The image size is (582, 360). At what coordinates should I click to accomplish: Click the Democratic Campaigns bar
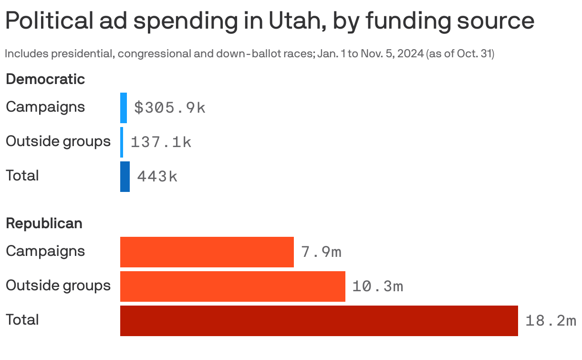coord(124,108)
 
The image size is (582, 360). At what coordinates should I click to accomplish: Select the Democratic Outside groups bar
coord(122,142)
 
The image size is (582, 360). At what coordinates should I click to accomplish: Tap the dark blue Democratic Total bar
coord(125,177)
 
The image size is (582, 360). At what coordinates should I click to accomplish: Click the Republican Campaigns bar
coord(207,252)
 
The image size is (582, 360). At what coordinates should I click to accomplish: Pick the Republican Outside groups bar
coord(232,286)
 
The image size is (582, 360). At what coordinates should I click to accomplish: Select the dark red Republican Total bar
coord(319,321)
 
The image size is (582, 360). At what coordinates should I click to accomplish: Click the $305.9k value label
coord(169,108)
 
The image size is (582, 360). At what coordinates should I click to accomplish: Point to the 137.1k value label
coord(161,142)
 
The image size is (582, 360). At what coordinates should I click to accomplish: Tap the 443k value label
coord(157,177)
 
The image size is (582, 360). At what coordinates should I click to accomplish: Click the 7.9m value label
coord(321,252)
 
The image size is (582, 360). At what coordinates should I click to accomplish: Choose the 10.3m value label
coord(377,286)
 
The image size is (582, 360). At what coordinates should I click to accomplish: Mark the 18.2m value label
coord(551,321)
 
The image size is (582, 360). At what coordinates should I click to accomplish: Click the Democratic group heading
coord(45,79)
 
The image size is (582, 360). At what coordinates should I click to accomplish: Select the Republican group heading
coord(44,223)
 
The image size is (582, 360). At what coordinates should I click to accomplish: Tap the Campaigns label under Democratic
coord(45,107)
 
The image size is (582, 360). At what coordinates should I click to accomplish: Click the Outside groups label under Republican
coord(58,286)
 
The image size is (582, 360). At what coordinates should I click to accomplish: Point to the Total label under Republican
coord(22,320)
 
